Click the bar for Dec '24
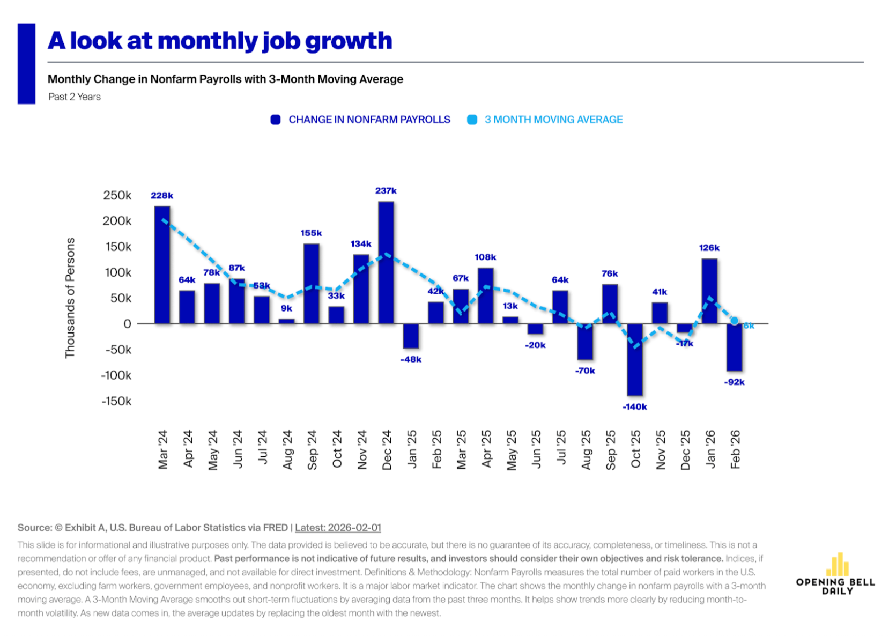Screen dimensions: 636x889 click(386, 263)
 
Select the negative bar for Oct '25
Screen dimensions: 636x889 click(635, 359)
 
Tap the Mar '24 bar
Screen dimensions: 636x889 click(162, 265)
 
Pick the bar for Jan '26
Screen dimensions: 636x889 click(709, 291)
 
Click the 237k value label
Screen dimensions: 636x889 click(386, 191)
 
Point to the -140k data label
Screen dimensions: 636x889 click(635, 407)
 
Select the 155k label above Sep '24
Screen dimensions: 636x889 click(311, 233)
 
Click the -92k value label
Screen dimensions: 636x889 click(734, 382)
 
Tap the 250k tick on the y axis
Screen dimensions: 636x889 click(117, 195)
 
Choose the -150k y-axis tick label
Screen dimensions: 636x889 click(116, 401)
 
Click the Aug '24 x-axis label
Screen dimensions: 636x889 click(287, 449)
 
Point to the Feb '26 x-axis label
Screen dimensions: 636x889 click(735, 449)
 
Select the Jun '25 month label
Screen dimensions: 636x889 click(536, 449)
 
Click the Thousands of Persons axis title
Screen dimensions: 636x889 click(70, 298)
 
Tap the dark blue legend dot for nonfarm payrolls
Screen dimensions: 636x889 click(276, 120)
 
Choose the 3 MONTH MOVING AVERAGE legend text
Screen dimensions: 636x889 click(553, 120)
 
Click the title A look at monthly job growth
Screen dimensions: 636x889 click(220, 41)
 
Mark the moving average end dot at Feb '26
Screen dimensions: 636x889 click(735, 321)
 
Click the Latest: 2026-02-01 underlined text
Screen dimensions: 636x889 click(338, 528)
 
